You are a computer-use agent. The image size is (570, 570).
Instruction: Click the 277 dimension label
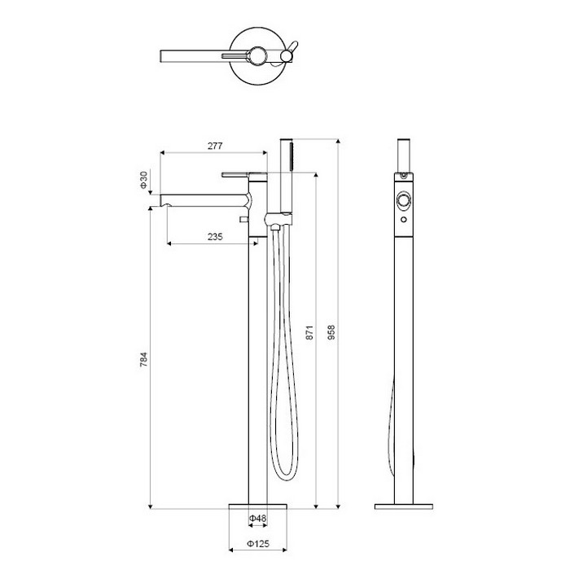pyautogui.click(x=215, y=146)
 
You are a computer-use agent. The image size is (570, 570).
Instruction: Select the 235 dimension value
pyautogui.click(x=215, y=237)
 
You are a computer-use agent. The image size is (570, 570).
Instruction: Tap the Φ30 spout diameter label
pyautogui.click(x=144, y=180)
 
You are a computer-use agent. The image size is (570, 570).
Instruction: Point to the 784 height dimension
pyautogui.click(x=144, y=360)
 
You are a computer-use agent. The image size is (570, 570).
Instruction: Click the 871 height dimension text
pyautogui.click(x=309, y=332)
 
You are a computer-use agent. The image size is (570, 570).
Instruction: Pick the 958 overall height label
pyautogui.click(x=331, y=332)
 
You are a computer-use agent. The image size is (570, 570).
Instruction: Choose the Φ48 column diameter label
pyautogui.click(x=258, y=518)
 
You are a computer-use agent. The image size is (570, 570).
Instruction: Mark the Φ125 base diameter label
pyautogui.click(x=258, y=544)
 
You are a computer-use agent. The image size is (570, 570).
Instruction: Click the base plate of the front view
pyautogui.click(x=258, y=506)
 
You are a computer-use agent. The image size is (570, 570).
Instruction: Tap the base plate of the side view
pyautogui.click(x=404, y=506)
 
